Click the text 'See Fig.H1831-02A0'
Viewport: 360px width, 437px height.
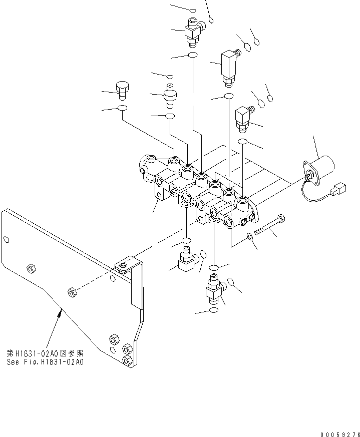(x=45, y=362)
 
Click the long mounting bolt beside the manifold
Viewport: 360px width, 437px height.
(x=270, y=225)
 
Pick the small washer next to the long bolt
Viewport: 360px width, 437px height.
(x=249, y=236)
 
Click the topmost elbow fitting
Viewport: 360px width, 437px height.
(x=193, y=29)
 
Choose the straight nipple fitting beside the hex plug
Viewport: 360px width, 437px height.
(x=170, y=95)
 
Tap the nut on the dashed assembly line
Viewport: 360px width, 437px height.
(x=72, y=291)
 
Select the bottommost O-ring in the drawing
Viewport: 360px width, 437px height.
(x=214, y=311)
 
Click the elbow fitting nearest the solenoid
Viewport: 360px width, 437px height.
(x=245, y=116)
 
